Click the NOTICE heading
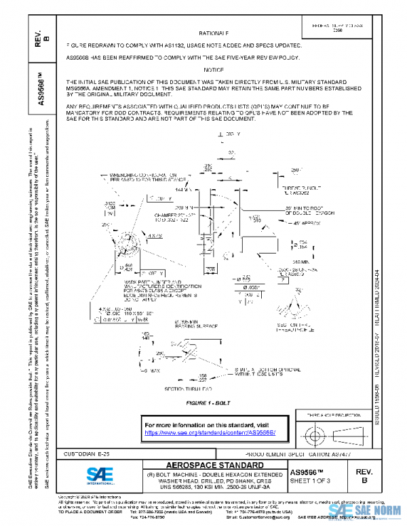click(214, 70)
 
